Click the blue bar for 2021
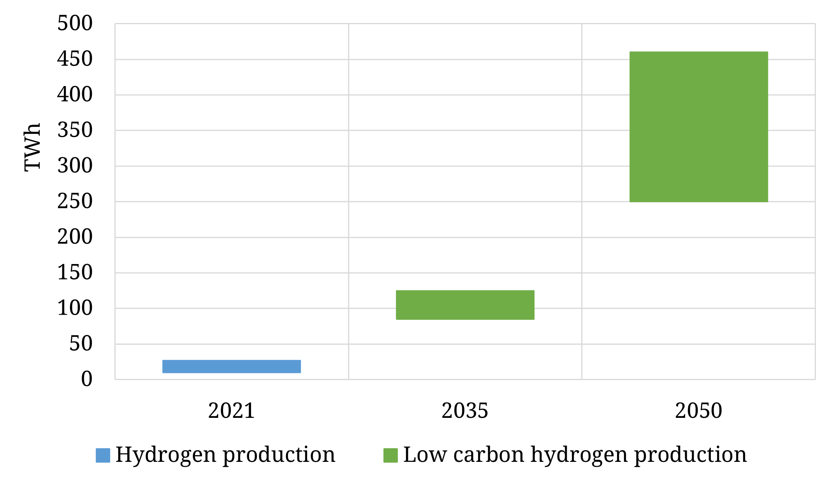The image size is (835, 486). coord(231,366)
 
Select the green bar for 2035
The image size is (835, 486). coord(465,305)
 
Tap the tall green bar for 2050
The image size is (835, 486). coord(698,127)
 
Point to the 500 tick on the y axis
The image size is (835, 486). coord(75,23)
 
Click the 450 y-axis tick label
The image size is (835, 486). coord(75,59)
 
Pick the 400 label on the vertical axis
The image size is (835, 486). coord(75,95)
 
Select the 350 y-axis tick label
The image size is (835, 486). coord(75,130)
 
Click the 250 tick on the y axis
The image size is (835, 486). coord(75,201)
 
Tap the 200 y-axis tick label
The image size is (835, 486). coord(75,237)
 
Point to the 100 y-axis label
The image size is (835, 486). coord(75,308)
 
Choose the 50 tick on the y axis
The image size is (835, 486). coord(81,344)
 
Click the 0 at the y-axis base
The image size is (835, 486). coord(86,379)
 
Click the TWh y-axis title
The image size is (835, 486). coord(32,147)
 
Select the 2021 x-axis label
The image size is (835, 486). coord(231,411)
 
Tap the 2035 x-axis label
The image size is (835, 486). coord(465,411)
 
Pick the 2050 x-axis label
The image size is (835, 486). coord(698,411)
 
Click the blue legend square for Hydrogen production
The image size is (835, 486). coord(103,455)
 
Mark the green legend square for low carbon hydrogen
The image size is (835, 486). coord(390,455)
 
